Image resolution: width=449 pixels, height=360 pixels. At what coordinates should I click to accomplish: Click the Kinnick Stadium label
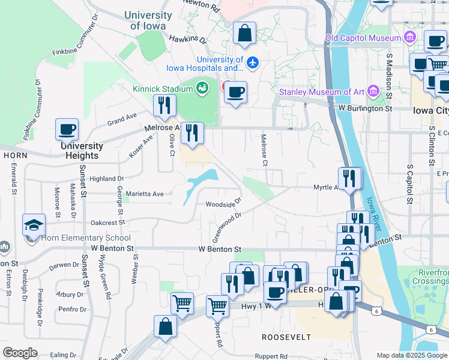[x=163, y=89]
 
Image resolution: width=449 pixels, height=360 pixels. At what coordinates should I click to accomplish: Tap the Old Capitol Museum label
[x=363, y=38]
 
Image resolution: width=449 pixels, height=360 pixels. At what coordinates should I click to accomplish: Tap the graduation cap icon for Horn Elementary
[x=34, y=225]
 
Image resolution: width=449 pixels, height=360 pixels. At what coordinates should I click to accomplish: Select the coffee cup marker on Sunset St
[x=67, y=129]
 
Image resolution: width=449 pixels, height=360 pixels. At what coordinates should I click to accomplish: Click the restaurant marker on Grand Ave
[x=164, y=106]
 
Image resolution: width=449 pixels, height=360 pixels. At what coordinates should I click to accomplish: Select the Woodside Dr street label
[x=224, y=204]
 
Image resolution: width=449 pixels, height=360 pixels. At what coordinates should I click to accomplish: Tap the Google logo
[x=20, y=353]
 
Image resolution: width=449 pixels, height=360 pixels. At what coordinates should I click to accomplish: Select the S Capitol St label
[x=410, y=183]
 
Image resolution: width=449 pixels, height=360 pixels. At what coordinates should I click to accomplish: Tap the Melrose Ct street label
[x=264, y=150]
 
